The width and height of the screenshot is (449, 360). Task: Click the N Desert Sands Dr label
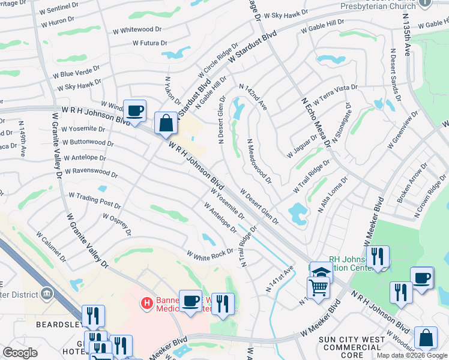tap(394, 75)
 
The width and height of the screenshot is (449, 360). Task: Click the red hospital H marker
tap(146, 304)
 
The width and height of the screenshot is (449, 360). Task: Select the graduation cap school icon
tap(321, 272)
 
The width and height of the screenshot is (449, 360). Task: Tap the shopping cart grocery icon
tap(318, 288)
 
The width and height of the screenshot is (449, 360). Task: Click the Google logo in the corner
tap(20, 353)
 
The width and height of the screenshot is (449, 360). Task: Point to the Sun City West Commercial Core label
tap(353, 347)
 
